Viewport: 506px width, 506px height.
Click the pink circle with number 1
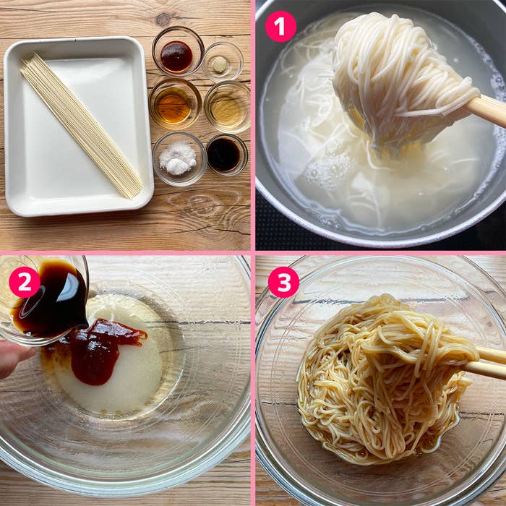tap(280, 27)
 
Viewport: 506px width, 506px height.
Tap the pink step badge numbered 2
tap(25, 282)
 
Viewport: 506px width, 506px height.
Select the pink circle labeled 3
tap(283, 282)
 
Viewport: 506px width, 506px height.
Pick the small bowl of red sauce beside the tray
tap(177, 55)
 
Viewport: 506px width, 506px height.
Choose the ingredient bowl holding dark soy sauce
tap(225, 154)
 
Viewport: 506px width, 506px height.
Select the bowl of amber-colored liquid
tap(175, 106)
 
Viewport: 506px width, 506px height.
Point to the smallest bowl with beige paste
tap(220, 64)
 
